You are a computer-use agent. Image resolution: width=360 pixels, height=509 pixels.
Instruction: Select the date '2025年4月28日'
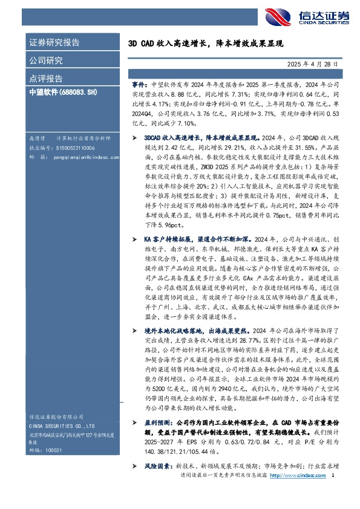click(308, 63)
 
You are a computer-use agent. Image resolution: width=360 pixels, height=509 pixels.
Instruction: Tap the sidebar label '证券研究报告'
click(54, 43)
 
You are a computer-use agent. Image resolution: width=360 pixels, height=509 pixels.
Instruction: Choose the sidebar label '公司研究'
click(46, 60)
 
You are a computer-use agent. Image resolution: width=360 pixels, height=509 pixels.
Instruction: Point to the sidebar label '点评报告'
click(46, 78)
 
